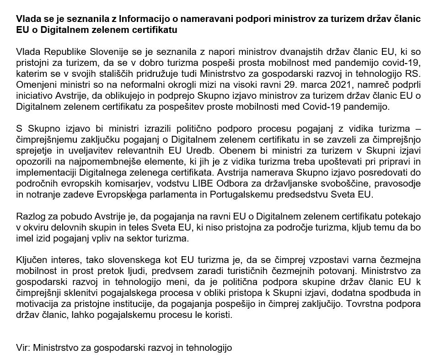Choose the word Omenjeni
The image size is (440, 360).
point(34,85)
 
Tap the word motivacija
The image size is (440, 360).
point(39,304)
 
